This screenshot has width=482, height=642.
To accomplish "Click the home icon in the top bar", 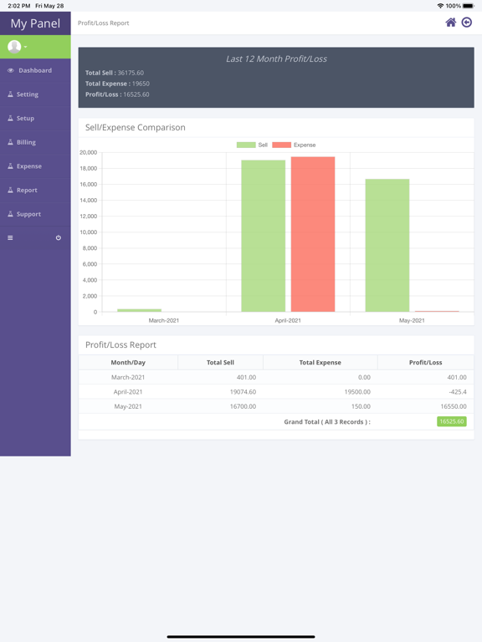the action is pyautogui.click(x=450, y=23).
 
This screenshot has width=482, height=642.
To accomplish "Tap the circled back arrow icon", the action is pyautogui.click(x=466, y=23).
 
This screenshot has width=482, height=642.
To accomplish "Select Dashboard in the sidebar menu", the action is pyautogui.click(x=35, y=70).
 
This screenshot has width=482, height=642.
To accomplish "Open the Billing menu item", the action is pyautogui.click(x=26, y=142).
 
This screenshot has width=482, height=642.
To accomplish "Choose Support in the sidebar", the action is pyautogui.click(x=28, y=214).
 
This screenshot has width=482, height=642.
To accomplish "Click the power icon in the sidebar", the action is pyautogui.click(x=59, y=237).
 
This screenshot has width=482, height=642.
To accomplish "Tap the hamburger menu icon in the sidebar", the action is pyautogui.click(x=10, y=237).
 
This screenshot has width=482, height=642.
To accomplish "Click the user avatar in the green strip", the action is pyautogui.click(x=14, y=47).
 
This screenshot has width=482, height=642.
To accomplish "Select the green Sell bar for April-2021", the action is pyautogui.click(x=263, y=236).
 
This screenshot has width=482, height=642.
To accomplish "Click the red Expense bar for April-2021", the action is pyautogui.click(x=313, y=234).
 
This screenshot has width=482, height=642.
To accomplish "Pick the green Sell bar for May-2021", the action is pyautogui.click(x=387, y=245).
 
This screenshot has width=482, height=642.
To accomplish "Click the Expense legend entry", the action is pyautogui.click(x=294, y=145).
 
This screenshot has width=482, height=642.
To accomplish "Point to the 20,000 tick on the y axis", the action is pyautogui.click(x=88, y=152).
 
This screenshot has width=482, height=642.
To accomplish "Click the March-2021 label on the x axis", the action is pyautogui.click(x=164, y=321).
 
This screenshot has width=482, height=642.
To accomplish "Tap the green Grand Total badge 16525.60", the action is pyautogui.click(x=452, y=421).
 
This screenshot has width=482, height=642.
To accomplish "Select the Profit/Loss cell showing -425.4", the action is pyautogui.click(x=458, y=392).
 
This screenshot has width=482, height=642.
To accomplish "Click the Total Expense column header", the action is pyautogui.click(x=320, y=362).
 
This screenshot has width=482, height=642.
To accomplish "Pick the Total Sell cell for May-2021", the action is pyautogui.click(x=243, y=406).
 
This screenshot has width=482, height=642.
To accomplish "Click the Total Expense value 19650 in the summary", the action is pyautogui.click(x=141, y=84).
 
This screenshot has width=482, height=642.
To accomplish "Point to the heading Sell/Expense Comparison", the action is pyautogui.click(x=136, y=127).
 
